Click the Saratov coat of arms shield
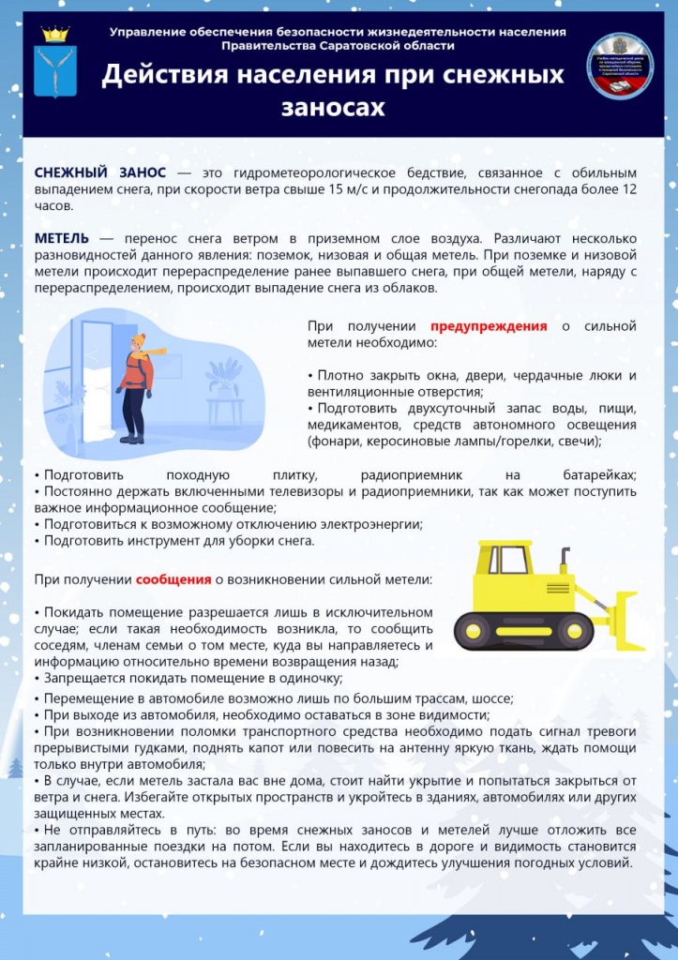tap(55, 69)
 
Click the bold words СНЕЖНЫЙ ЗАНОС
tap(100, 173)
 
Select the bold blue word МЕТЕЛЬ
tap(62, 238)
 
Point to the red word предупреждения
tap(489, 326)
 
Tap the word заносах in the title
tap(333, 108)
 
